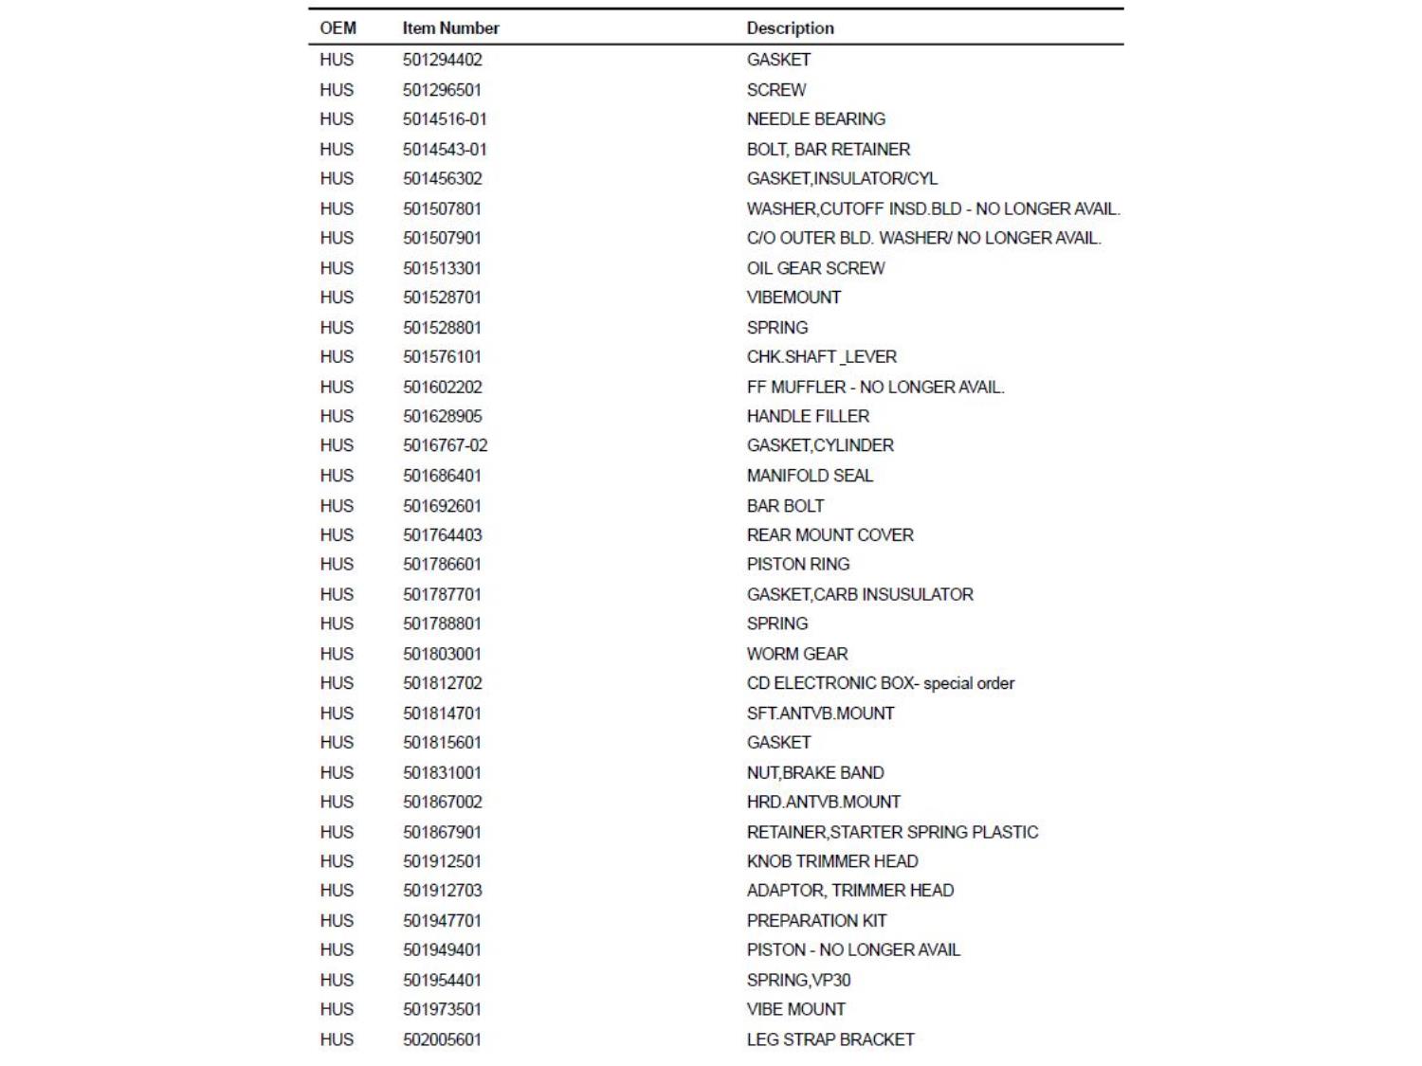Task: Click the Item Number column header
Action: (x=450, y=28)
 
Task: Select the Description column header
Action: (x=790, y=28)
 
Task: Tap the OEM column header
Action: (x=337, y=28)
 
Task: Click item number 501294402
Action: (x=442, y=60)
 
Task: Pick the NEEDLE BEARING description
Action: (x=815, y=119)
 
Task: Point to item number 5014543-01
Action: (x=444, y=150)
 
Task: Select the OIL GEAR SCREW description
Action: (x=815, y=268)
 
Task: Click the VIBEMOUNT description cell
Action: (x=793, y=298)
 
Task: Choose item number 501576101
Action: (x=442, y=357)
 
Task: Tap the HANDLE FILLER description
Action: (x=808, y=416)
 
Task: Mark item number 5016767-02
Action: (x=445, y=445)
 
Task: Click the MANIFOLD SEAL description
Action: (x=810, y=476)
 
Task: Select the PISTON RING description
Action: (x=797, y=564)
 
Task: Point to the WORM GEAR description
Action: (x=796, y=654)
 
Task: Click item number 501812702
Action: (x=442, y=683)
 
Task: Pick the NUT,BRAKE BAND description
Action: (x=814, y=773)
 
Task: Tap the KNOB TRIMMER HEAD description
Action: (x=831, y=861)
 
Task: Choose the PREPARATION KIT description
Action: (x=816, y=921)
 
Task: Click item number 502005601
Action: (x=442, y=1039)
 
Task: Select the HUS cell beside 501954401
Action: (x=337, y=980)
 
